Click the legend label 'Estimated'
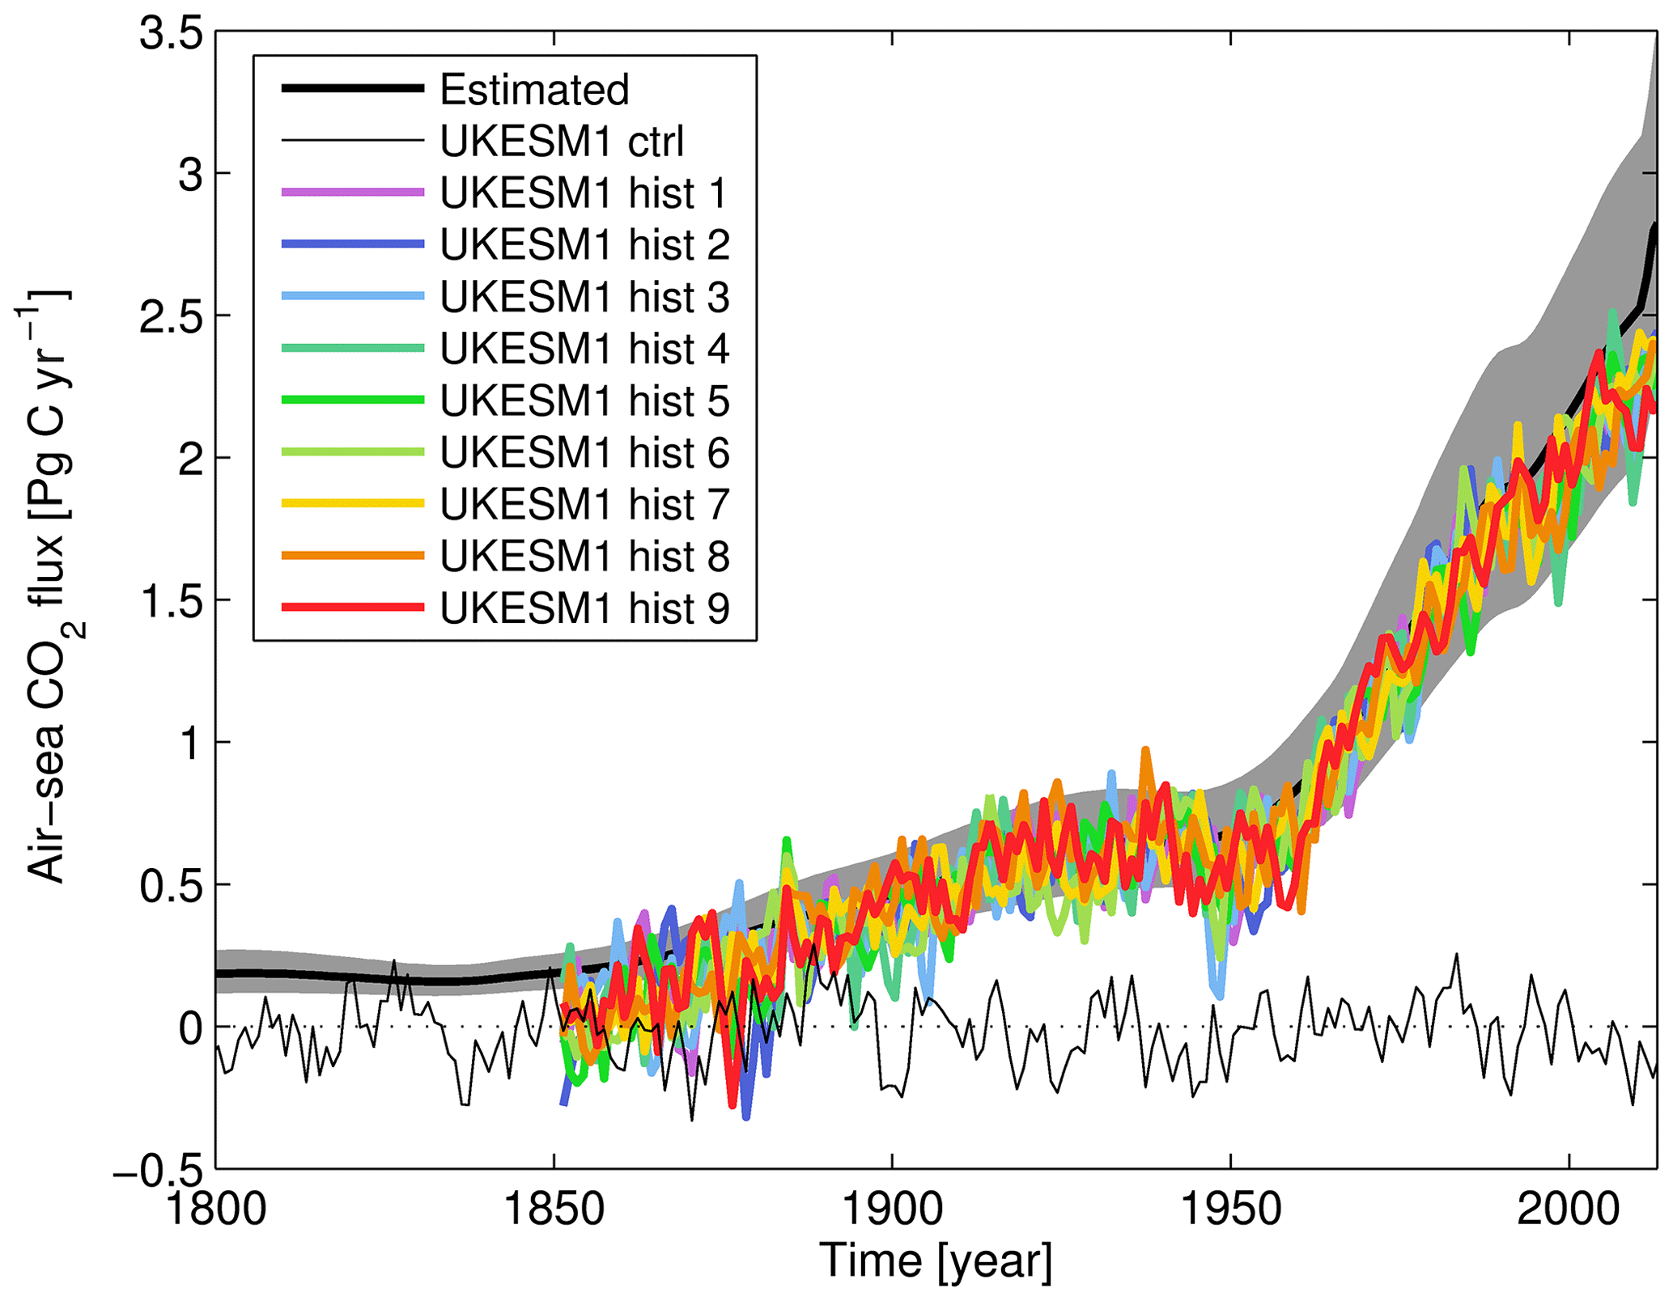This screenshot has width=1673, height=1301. [533, 89]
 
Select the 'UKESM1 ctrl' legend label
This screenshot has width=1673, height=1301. [562, 141]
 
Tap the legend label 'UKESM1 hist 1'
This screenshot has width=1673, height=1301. [584, 193]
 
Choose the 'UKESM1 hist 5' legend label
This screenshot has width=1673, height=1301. [584, 400]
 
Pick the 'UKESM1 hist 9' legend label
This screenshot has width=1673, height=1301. [584, 608]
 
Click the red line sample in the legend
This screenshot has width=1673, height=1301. [353, 608]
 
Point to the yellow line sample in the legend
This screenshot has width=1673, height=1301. [353, 503]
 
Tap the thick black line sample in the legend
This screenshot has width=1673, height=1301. [353, 88]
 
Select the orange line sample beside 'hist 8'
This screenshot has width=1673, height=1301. [353, 556]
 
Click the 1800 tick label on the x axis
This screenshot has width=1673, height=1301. [216, 1210]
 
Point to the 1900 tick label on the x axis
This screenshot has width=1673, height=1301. [892, 1210]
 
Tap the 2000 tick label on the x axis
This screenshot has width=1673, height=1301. [1568, 1210]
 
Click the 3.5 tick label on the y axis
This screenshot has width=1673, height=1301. [171, 35]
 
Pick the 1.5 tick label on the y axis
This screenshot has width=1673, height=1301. [171, 602]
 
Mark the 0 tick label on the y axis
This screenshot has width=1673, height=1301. [191, 1028]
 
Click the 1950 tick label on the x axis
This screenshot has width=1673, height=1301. [1230, 1210]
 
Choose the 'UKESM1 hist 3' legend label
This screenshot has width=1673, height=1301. [584, 297]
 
